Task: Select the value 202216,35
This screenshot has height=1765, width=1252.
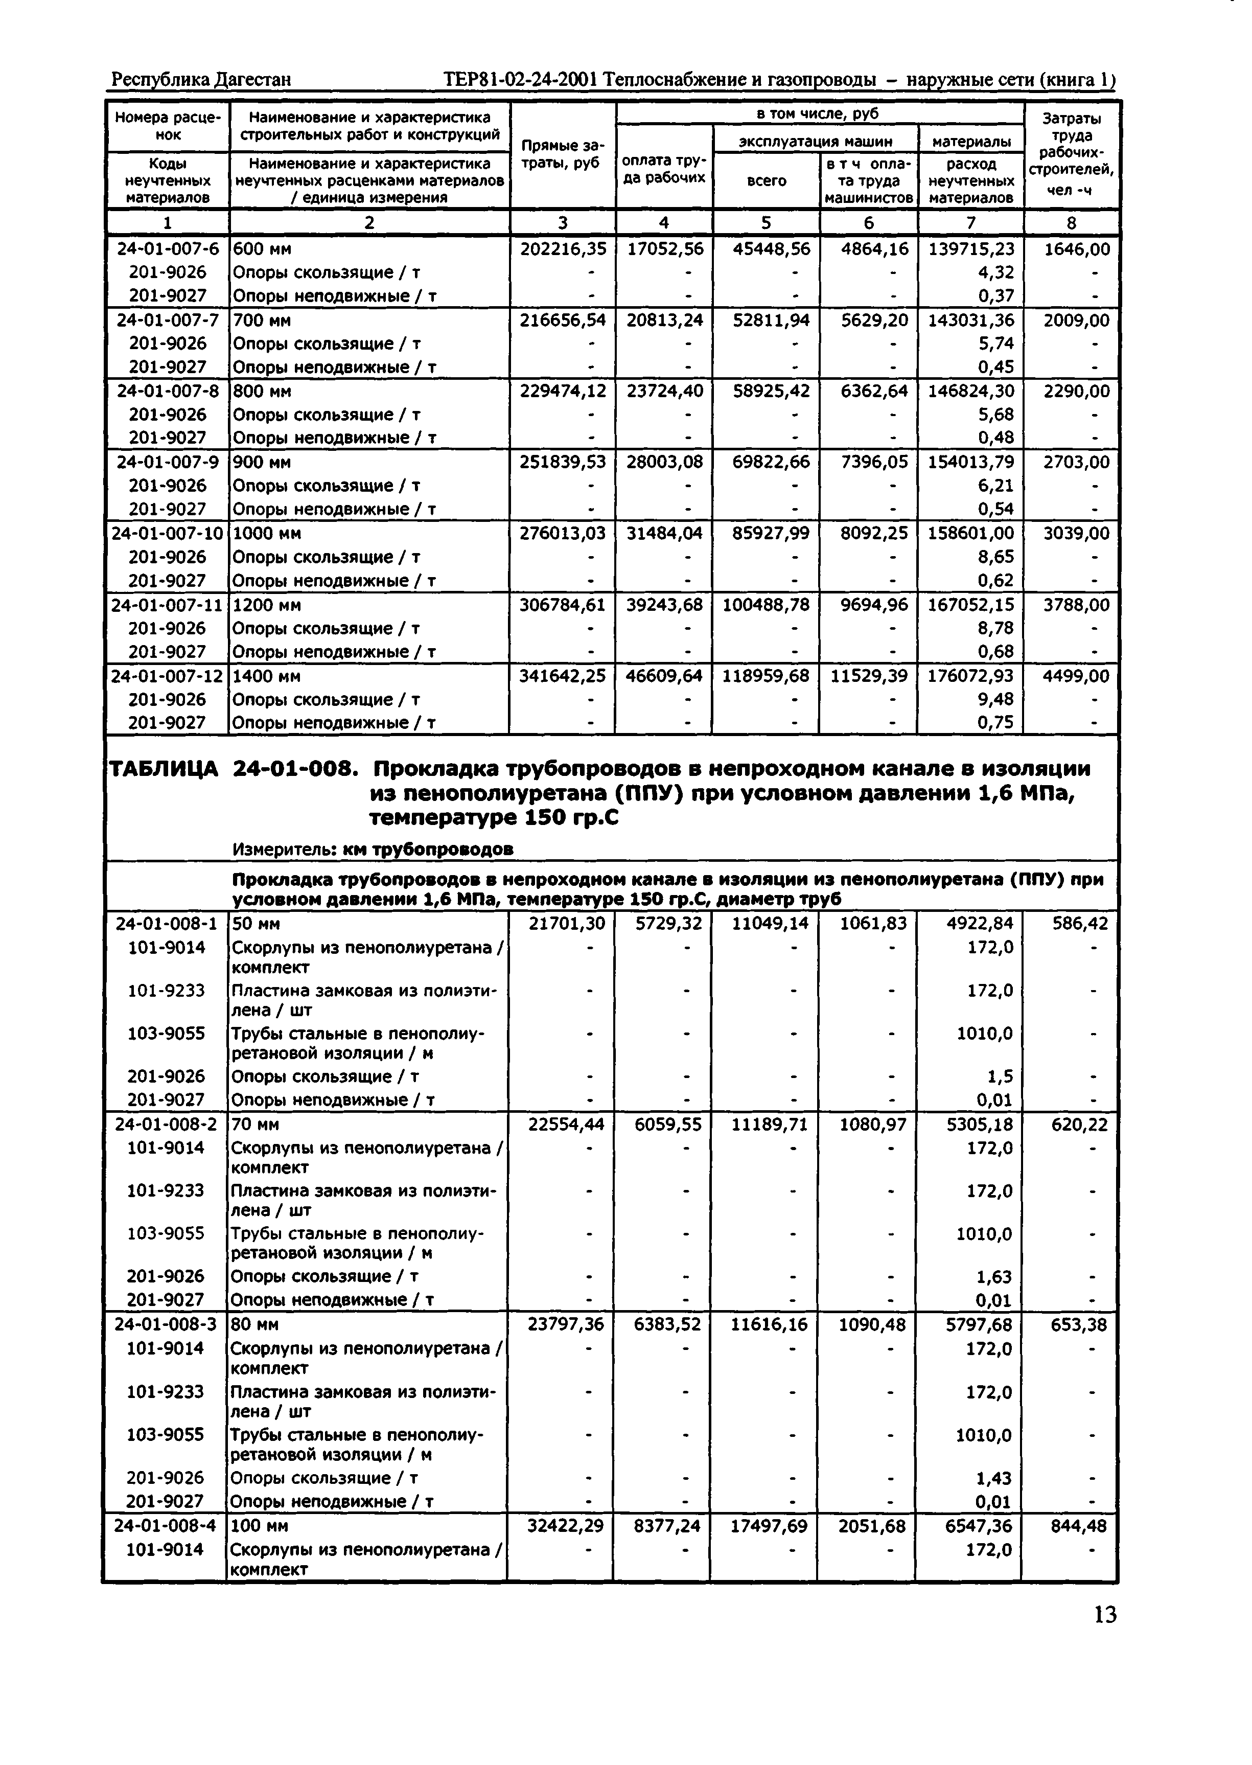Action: coord(563,249)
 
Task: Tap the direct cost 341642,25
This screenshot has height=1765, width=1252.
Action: coord(563,676)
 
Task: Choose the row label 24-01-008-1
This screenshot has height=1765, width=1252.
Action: coord(167,924)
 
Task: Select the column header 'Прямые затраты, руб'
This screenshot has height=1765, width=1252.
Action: coord(563,154)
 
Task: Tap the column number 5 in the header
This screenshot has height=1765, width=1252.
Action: coord(766,223)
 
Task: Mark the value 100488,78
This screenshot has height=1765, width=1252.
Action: coord(766,605)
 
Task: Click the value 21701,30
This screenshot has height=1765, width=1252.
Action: coord(567,924)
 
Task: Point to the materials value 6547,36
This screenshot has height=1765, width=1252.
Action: coord(979,1526)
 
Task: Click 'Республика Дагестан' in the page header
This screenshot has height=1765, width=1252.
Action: coord(201,79)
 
